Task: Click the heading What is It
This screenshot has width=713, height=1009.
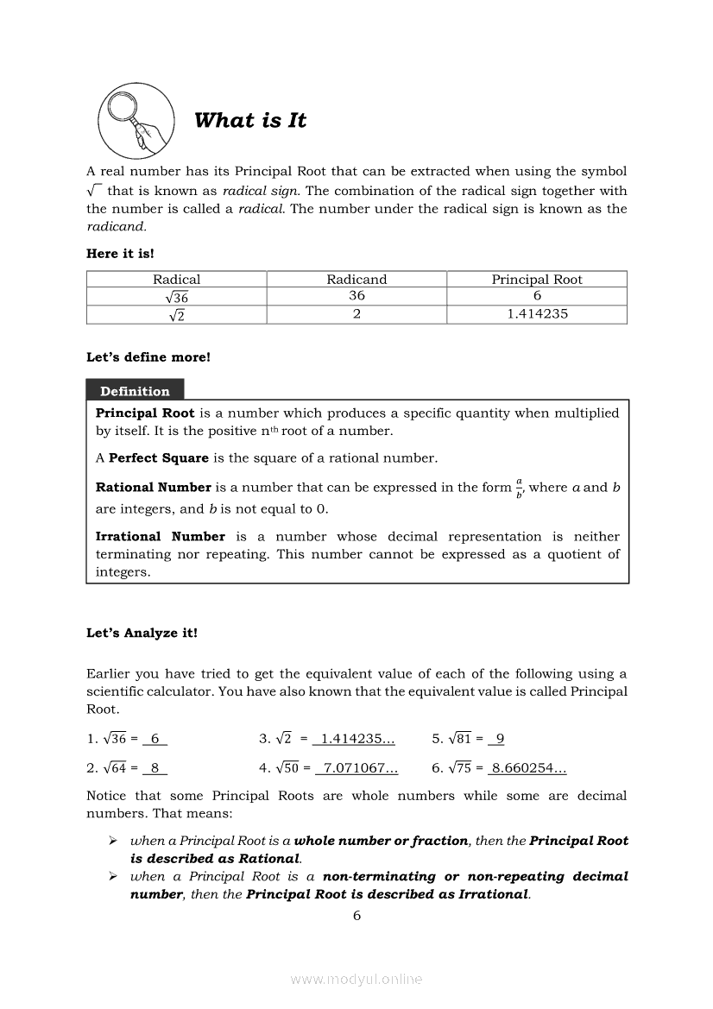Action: [x=250, y=121]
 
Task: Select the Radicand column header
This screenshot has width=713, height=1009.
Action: [x=356, y=279]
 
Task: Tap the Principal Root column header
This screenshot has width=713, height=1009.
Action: [x=537, y=279]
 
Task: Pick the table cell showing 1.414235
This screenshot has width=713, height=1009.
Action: [x=537, y=314]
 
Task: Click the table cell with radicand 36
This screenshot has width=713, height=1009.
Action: [x=356, y=296]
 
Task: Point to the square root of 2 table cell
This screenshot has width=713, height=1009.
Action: [x=177, y=315]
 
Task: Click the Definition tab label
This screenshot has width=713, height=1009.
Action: [x=135, y=391]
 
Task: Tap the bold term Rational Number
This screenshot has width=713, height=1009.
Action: [x=154, y=488]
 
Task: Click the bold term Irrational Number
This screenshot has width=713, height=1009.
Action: [x=161, y=537]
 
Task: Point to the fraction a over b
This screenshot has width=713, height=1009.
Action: [x=520, y=488]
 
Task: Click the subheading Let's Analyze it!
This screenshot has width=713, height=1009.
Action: [x=142, y=633]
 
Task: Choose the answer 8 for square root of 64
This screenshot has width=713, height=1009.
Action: [x=155, y=767]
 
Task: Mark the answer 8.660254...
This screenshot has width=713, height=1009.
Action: [x=527, y=767]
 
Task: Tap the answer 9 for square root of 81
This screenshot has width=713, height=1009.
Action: [x=500, y=738]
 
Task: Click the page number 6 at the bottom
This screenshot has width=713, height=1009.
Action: [x=356, y=916]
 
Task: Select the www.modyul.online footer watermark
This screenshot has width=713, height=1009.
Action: [x=356, y=979]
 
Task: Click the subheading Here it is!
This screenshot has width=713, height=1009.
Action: [x=120, y=254]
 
